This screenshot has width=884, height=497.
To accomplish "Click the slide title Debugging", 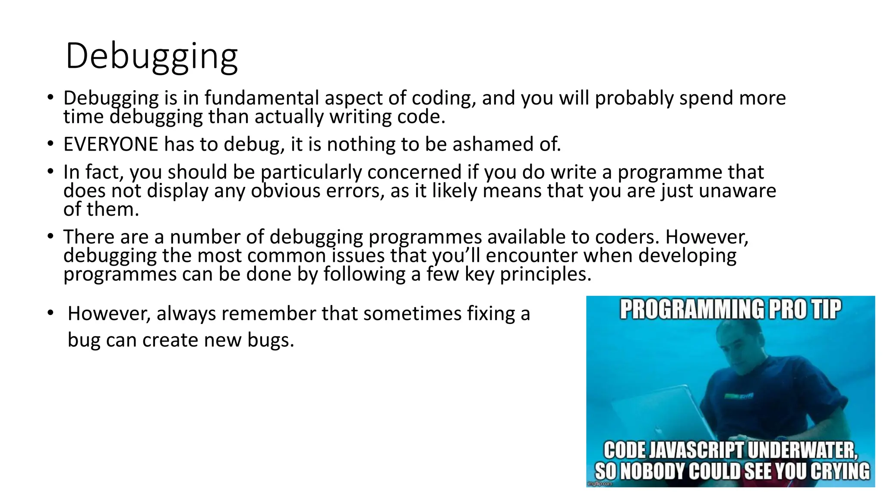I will point(152,57).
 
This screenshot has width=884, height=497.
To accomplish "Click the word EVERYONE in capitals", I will point(111,144).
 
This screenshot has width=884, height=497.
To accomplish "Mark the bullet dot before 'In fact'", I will point(51,172).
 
